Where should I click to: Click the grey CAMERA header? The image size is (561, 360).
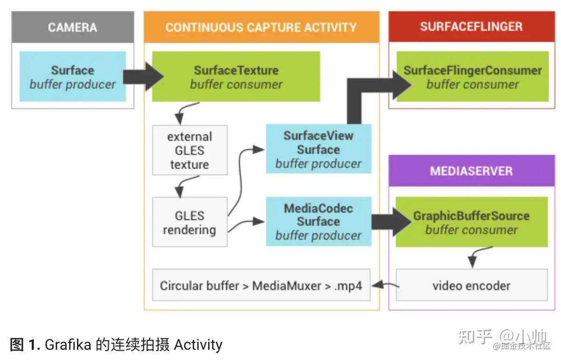(72, 28)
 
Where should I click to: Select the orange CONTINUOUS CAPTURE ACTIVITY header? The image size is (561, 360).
(261, 28)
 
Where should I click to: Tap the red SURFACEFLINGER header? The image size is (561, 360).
(471, 27)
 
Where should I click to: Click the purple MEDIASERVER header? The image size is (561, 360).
(471, 171)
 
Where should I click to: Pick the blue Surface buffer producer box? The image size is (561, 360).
(73, 77)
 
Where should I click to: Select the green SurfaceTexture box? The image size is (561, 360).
(236, 77)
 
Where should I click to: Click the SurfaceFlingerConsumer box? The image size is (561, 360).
(472, 77)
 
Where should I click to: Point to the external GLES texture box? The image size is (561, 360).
(189, 150)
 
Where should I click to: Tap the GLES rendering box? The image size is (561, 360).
(189, 222)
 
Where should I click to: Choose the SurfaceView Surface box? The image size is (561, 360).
(318, 149)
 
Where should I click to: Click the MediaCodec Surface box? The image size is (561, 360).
(318, 222)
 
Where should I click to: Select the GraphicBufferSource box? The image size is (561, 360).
(471, 222)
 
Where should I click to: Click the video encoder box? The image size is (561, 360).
(471, 285)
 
